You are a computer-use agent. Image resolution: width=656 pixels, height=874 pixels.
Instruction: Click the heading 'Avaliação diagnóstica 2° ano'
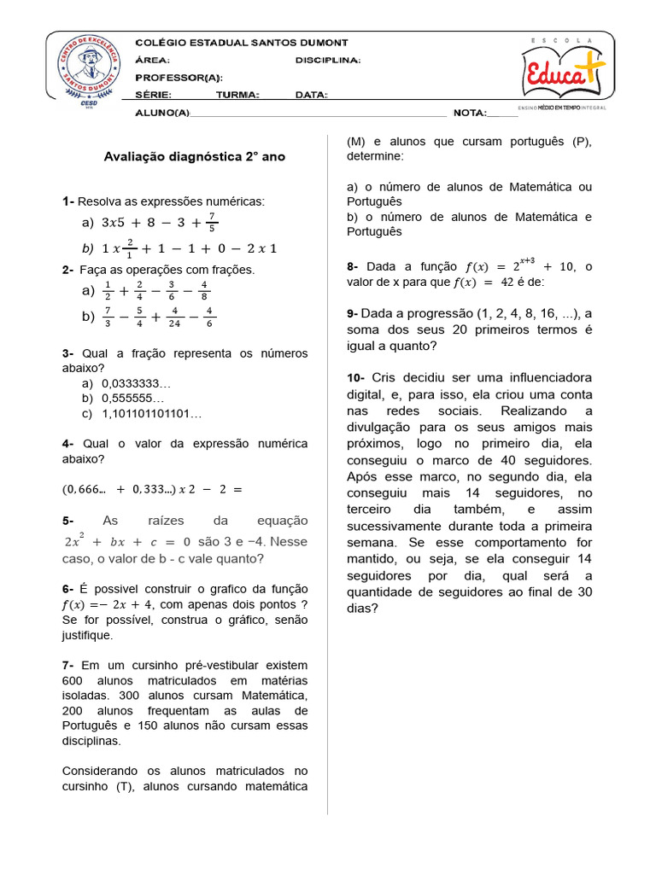point(194,157)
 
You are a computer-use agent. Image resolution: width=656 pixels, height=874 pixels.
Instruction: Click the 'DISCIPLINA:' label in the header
point(327,61)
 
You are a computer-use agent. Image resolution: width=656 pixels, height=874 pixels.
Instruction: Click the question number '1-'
point(68,201)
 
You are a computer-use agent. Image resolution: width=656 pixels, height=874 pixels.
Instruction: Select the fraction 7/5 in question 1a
point(212,223)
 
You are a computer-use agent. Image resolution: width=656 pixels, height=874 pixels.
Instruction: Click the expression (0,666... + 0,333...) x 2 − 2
point(152,489)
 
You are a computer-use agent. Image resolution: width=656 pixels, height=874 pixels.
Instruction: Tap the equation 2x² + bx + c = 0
point(127,542)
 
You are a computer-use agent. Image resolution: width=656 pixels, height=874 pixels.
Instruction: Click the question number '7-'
point(68,665)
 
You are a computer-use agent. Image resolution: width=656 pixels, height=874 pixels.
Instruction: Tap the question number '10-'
point(356,377)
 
